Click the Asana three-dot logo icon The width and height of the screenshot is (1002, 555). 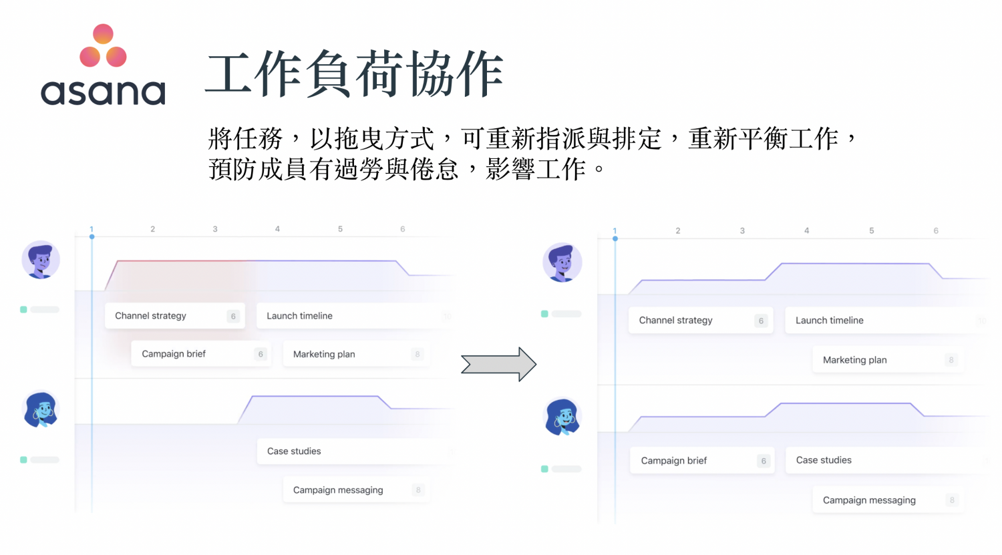click(x=103, y=46)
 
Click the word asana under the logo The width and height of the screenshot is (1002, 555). click(x=103, y=92)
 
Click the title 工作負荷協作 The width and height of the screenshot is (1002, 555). click(x=355, y=73)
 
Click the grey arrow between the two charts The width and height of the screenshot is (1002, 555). click(x=498, y=365)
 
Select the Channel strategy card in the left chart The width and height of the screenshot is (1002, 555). click(x=174, y=316)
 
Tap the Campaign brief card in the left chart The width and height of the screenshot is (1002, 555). click(x=200, y=354)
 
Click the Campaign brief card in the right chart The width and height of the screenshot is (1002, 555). click(x=701, y=461)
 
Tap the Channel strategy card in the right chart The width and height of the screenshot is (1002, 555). click(x=700, y=321)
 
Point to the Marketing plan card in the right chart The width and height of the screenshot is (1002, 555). click(x=887, y=360)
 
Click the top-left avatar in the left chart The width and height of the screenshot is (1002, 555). click(x=41, y=260)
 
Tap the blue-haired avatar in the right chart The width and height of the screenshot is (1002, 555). click(x=563, y=417)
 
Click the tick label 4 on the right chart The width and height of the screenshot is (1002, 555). click(x=806, y=230)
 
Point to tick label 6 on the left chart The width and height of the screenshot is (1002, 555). click(x=403, y=229)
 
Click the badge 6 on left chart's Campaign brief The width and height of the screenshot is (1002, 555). click(x=261, y=354)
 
